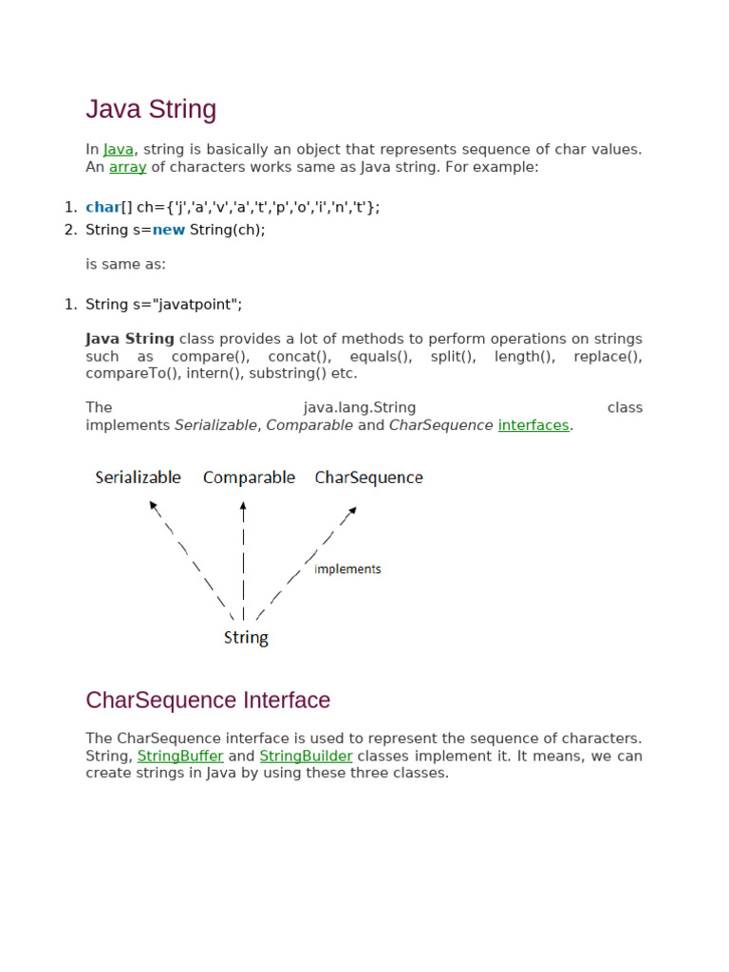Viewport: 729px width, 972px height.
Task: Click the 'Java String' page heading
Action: pos(151,110)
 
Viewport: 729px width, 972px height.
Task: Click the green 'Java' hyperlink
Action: pos(119,149)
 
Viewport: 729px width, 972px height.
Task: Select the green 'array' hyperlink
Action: pos(128,167)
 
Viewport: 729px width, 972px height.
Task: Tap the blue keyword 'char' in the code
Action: pos(103,207)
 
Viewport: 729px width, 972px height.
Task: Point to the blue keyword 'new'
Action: pos(168,230)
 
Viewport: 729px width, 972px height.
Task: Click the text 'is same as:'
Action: pos(125,264)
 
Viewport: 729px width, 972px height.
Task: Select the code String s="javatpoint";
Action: pos(164,304)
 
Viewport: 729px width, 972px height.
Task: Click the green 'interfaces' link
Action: pos(533,425)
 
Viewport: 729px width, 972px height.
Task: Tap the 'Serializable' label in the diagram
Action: pos(138,477)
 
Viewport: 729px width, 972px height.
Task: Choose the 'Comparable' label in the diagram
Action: pos(249,477)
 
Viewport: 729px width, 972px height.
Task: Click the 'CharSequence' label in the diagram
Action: pos(368,477)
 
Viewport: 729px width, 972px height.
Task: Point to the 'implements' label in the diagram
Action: pos(347,570)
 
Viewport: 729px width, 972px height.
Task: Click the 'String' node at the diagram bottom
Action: pos(246,638)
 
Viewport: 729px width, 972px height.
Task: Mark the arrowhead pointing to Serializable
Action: pos(153,506)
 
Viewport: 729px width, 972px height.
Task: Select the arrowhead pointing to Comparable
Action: pos(244,507)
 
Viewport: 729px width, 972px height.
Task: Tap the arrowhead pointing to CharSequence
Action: pos(352,511)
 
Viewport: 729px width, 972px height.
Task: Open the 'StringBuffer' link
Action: pos(180,756)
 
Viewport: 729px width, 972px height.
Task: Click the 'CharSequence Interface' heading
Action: pos(208,701)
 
